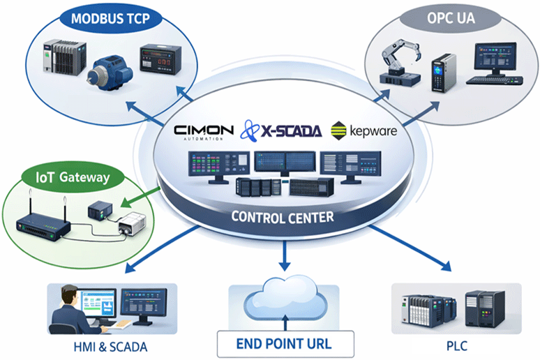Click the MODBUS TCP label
tap(110, 19)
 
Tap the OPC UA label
tap(451, 18)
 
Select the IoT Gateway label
tap(73, 177)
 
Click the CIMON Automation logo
tap(204, 133)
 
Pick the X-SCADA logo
tap(281, 130)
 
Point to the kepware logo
tap(363, 131)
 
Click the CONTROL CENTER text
tap(283, 217)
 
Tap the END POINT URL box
tap(285, 344)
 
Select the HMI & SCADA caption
tap(110, 347)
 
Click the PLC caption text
tap(457, 346)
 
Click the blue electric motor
tap(109, 73)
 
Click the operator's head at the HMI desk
tap(70, 294)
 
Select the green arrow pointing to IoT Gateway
tap(141, 197)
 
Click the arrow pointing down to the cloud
tap(285, 255)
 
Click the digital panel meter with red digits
tap(160, 59)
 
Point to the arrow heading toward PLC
tap(410, 248)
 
